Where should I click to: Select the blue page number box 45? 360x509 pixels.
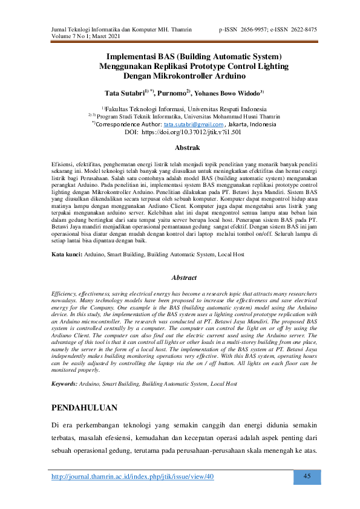pos(306,476)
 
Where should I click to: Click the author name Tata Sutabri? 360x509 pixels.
pos(124,93)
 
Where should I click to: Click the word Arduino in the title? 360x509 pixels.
pos(229,77)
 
